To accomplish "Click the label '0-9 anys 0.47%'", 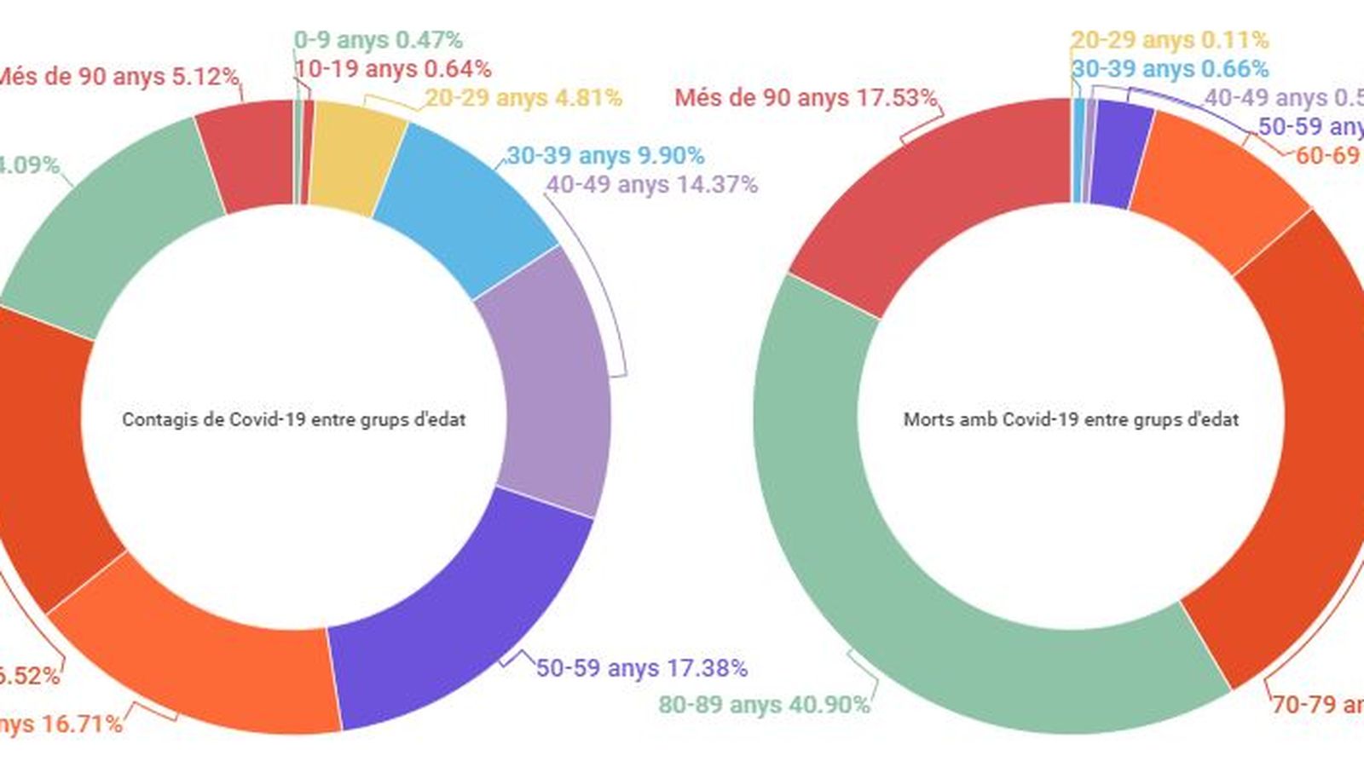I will (378, 40).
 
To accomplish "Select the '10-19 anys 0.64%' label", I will (393, 69).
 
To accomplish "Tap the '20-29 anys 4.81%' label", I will (523, 98).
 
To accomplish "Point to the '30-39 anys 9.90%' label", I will (605, 156).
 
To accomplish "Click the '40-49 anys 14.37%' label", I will (652, 184).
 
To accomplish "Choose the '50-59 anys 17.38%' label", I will (642, 668).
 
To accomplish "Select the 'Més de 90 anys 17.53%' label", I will (806, 98).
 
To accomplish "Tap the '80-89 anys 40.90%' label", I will (764, 706).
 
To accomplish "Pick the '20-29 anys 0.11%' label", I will (1170, 40).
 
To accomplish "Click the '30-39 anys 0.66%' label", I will (1170, 69).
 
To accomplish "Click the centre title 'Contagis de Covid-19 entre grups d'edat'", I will (294, 419).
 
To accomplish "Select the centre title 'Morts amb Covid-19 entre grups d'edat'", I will (1071, 419).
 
